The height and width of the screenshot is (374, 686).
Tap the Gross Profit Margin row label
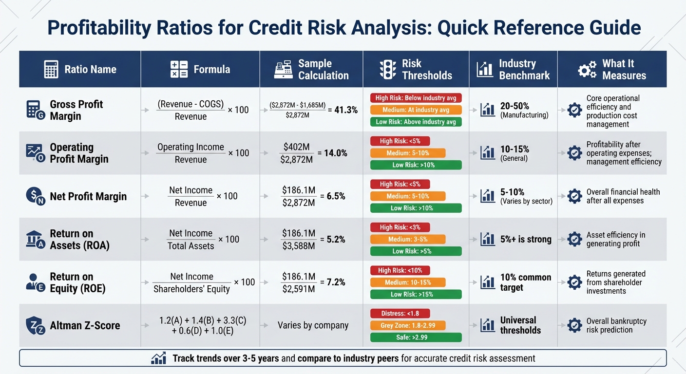[76, 110]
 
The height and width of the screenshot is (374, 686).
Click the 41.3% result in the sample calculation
[346, 110]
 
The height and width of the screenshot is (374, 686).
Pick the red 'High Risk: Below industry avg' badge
[416, 98]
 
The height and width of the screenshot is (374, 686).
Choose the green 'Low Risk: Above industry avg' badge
[416, 122]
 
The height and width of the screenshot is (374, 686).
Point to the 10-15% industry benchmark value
[514, 150]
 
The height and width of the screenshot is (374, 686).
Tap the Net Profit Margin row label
[88, 196]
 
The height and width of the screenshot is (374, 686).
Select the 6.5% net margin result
[333, 196]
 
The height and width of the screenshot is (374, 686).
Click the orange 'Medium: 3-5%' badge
[408, 239]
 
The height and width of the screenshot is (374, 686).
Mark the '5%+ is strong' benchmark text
[526, 239]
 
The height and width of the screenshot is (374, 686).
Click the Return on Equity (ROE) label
[77, 282]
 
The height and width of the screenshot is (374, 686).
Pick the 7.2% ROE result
[333, 282]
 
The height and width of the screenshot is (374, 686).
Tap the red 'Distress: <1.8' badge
[400, 313]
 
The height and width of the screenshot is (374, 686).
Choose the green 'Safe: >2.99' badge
[416, 337]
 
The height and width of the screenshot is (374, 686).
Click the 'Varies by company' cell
[313, 325]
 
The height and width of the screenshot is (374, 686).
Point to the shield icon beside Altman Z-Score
[35, 325]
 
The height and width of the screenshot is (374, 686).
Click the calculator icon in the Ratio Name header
[51, 70]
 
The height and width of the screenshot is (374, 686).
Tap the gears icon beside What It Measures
[587, 70]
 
